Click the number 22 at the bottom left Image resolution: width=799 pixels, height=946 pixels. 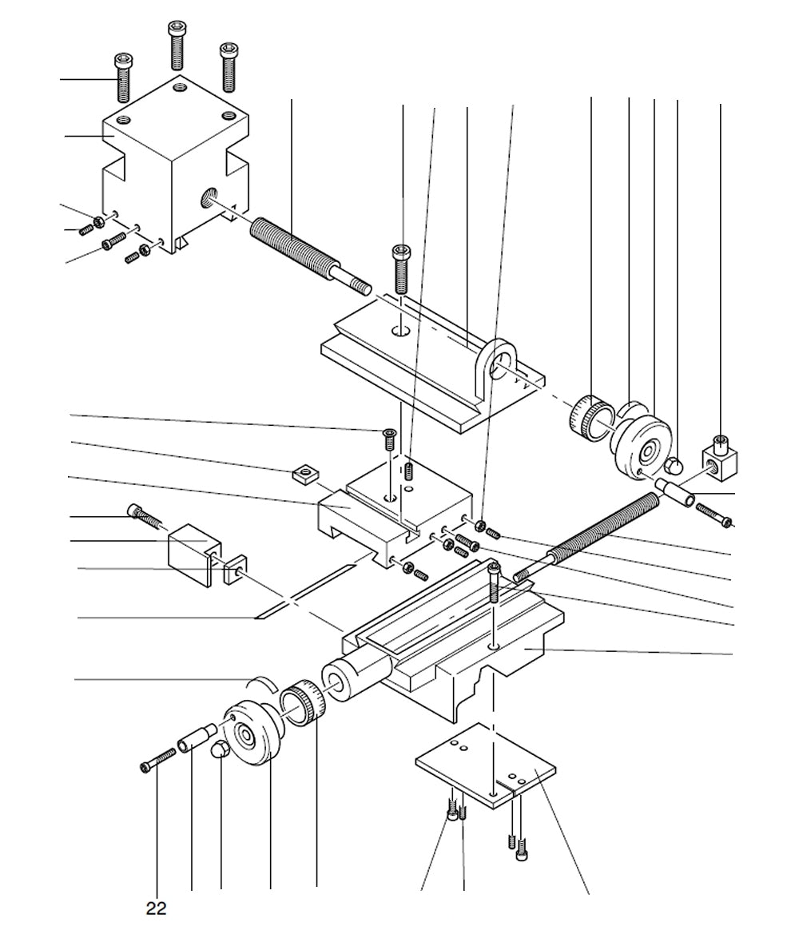(157, 908)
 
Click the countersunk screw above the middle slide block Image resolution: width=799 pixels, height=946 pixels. (389, 438)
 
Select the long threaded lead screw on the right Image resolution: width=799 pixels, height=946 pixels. (599, 532)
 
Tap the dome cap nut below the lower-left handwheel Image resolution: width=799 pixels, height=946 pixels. (219, 750)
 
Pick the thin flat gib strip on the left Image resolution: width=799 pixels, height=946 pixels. (304, 592)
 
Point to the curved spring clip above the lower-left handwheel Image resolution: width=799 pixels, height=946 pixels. (261, 682)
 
